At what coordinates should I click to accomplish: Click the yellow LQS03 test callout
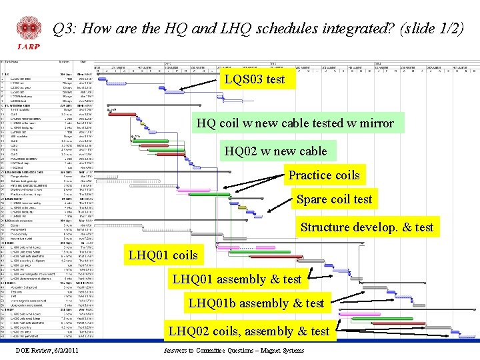pyautogui.click(x=254, y=79)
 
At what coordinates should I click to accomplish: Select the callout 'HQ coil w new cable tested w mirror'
pyautogui.click(x=295, y=123)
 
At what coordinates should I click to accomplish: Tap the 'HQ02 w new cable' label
pyautogui.click(x=275, y=151)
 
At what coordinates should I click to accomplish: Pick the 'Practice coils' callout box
pyautogui.click(x=323, y=175)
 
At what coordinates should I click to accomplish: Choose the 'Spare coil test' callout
pyautogui.click(x=334, y=199)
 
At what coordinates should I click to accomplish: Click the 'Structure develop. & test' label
pyautogui.click(x=367, y=227)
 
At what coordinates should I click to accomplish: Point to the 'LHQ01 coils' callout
pyautogui.click(x=163, y=255)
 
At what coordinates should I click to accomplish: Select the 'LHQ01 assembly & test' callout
pyautogui.click(x=237, y=279)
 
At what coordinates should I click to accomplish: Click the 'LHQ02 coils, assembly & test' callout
pyautogui.click(x=249, y=331)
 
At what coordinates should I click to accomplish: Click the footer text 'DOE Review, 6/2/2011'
pyautogui.click(x=47, y=350)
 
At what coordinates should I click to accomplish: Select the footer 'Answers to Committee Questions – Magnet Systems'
pyautogui.click(x=233, y=350)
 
